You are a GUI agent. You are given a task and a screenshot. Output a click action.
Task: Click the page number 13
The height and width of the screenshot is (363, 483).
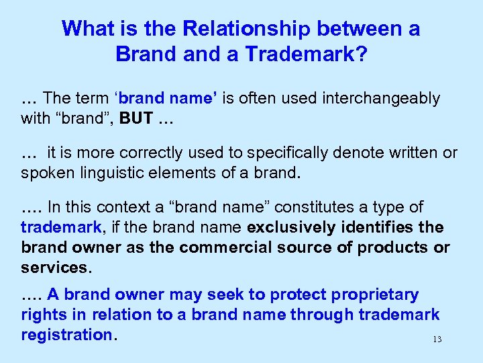tap(437, 339)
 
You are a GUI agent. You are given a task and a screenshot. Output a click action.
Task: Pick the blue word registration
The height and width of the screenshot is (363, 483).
tap(67, 334)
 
